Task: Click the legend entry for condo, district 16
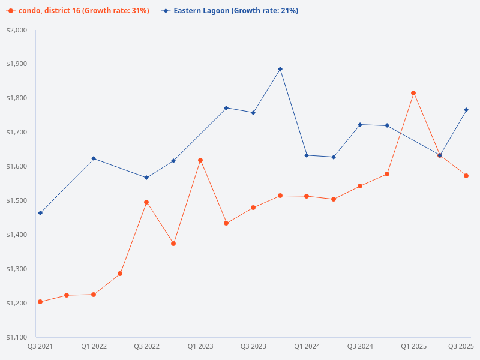[78, 11]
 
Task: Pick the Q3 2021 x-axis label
[40, 346]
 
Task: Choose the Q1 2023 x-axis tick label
[200, 346]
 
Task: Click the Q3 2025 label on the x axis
[461, 346]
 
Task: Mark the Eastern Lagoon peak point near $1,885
[280, 69]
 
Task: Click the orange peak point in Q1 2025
[413, 93]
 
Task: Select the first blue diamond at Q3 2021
[40, 213]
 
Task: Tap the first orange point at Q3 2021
[40, 302]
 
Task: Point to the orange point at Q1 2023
[200, 160]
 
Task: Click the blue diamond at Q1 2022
[94, 158]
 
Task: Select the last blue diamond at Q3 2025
[466, 110]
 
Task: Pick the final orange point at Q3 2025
[466, 176]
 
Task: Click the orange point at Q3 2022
[146, 202]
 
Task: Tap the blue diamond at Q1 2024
[307, 155]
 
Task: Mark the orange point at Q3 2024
[360, 186]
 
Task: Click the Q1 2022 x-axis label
[94, 346]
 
